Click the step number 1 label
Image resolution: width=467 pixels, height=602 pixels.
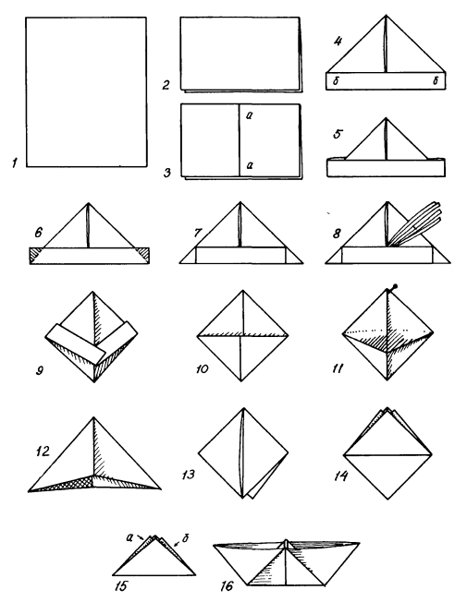14,163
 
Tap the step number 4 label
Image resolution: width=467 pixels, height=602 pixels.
338,41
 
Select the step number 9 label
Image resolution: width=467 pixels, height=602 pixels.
39,371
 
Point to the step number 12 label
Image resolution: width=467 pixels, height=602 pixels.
43,451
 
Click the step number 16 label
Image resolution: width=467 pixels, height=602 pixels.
227,586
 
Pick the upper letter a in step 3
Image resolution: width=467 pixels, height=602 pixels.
250,114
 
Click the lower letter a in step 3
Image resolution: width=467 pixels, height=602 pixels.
250,165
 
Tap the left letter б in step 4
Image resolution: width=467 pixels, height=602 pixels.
337,81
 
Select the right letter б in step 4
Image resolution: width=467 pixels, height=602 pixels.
436,80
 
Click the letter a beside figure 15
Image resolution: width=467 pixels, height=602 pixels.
129,537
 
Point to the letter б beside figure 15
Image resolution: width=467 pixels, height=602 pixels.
185,538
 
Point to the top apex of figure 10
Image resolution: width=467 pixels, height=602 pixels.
242,291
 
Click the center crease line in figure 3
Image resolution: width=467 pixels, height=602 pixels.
240,139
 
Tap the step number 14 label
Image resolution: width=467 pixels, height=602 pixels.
341,476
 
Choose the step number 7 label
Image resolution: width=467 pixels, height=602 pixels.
198,233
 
